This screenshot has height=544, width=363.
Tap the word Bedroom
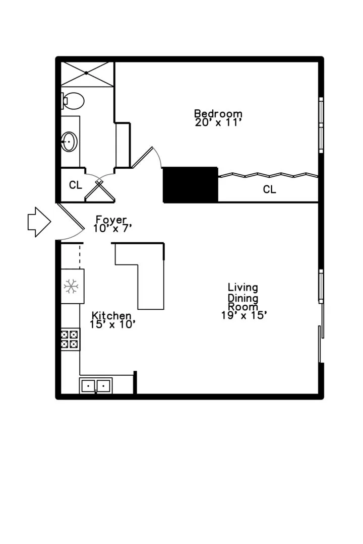tap(218, 113)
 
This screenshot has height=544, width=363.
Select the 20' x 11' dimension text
tap(218, 122)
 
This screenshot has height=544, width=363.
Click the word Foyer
tap(111, 220)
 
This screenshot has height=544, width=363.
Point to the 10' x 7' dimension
tap(112, 228)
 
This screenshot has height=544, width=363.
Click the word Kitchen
tap(111, 316)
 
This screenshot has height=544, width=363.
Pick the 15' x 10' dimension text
tap(112, 324)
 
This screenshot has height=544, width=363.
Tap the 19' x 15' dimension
tap(244, 315)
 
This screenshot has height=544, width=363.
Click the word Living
tap(243, 288)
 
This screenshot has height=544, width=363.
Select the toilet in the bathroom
tap(73, 101)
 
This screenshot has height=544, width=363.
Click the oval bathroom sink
tap(70, 142)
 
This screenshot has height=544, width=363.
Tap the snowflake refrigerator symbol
tap(71, 287)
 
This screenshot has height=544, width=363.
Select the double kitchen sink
tap(96, 385)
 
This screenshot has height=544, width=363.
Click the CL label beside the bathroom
tap(76, 185)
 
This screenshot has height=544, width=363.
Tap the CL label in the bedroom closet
tap(269, 189)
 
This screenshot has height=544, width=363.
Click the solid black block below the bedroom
tap(191, 184)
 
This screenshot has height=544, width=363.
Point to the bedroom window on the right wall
tap(321, 125)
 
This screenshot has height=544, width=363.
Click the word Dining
tap(243, 298)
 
